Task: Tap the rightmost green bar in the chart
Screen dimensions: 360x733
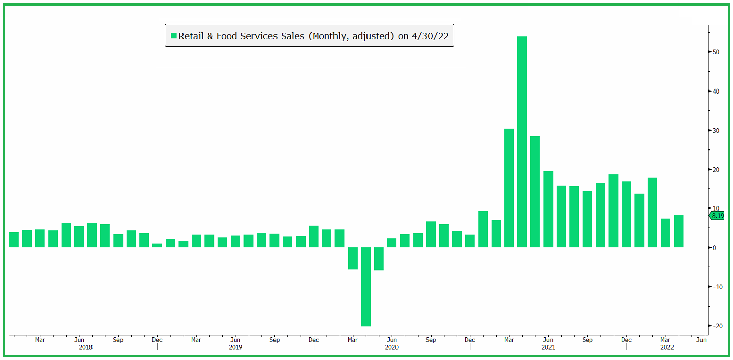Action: [x=678, y=231]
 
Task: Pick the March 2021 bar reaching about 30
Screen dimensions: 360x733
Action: [x=509, y=188]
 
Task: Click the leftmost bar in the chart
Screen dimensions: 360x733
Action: [x=14, y=239]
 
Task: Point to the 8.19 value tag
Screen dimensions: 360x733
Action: [x=717, y=216]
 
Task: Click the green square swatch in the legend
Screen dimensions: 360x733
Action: [x=173, y=36]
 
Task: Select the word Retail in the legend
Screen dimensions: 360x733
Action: [x=191, y=36]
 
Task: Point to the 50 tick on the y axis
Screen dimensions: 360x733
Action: [x=716, y=52]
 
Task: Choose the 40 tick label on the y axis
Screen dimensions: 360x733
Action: [x=716, y=92]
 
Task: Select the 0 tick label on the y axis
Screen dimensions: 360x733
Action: [x=714, y=248]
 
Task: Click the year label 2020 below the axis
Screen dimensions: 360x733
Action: [x=391, y=348]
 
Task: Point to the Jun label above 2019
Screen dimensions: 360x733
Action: [x=235, y=340]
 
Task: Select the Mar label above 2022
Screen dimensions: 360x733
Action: [x=665, y=340]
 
